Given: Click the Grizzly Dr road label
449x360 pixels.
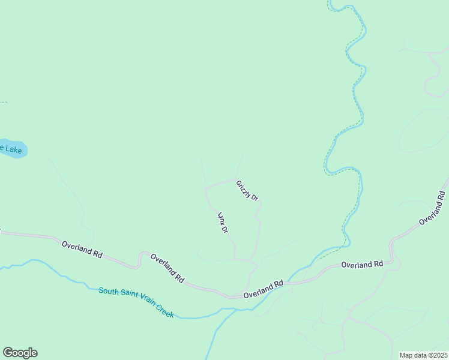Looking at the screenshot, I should coord(247,190).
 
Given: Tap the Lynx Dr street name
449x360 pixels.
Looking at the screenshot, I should coord(223,222).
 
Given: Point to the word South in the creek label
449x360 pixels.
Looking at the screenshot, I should coord(109,292).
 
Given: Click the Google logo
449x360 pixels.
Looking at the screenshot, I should coord(20,353).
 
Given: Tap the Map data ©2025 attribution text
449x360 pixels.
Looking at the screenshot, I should coord(423,355).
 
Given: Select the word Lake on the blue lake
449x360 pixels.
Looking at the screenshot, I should coord(14,149).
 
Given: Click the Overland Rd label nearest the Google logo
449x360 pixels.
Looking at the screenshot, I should coord(82,249).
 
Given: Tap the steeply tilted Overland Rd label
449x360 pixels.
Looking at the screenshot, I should coord(432,208).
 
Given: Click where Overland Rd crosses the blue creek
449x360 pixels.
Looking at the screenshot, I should coord(288,282).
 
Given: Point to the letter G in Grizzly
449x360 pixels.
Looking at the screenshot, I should coord(238,182).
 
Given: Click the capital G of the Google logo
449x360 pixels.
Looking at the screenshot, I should coord(8,353).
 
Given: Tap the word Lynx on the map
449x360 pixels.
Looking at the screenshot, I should coord(220,217).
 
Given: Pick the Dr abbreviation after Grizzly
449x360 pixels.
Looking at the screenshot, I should coord(255,197).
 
